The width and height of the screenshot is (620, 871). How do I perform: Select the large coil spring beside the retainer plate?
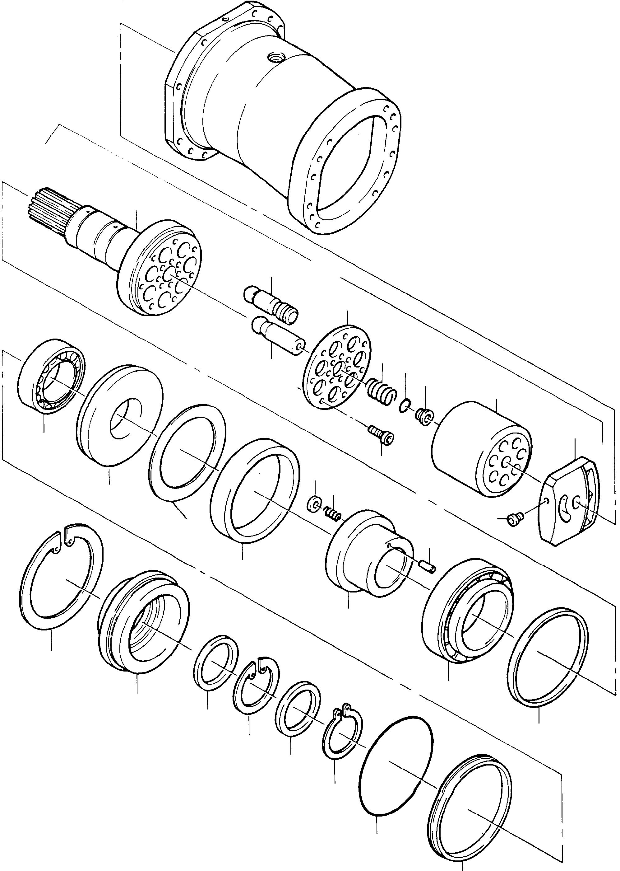382,391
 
